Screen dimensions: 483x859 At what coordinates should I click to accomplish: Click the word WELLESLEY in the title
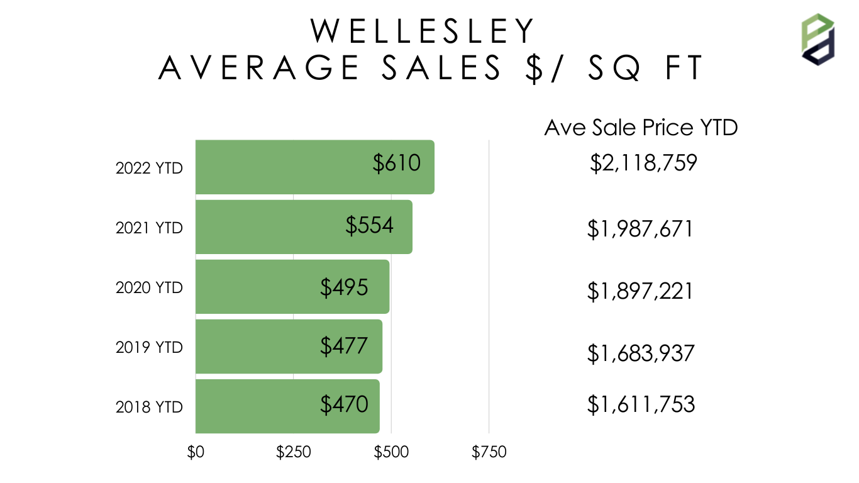point(424,31)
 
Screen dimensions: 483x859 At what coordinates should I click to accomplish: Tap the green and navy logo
point(818,38)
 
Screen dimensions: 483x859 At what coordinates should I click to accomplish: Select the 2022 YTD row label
point(149,169)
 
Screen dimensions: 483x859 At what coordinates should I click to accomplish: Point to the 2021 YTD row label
point(149,228)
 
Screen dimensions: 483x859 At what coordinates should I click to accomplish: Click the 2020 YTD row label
point(149,287)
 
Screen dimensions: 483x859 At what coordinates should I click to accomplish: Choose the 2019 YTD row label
point(149,347)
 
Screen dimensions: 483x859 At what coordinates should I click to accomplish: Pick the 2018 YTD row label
point(149,407)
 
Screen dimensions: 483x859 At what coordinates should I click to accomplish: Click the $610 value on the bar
point(396,164)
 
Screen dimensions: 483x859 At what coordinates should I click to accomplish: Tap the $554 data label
point(370,225)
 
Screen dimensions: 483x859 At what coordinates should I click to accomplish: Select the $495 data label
point(344,287)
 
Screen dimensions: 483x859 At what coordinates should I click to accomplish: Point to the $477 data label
point(344,346)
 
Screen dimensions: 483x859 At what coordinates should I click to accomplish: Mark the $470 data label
point(344,404)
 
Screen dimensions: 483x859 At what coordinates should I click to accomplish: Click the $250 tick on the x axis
point(294,452)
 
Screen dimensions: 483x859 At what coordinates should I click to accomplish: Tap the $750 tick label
point(489,452)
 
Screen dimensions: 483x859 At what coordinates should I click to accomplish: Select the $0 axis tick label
point(196,452)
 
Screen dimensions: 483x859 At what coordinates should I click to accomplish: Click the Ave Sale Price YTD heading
point(641,128)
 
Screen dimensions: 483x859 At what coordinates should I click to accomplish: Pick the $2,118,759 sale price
point(643,164)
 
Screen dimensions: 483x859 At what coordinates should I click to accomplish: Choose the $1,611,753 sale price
point(641,404)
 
